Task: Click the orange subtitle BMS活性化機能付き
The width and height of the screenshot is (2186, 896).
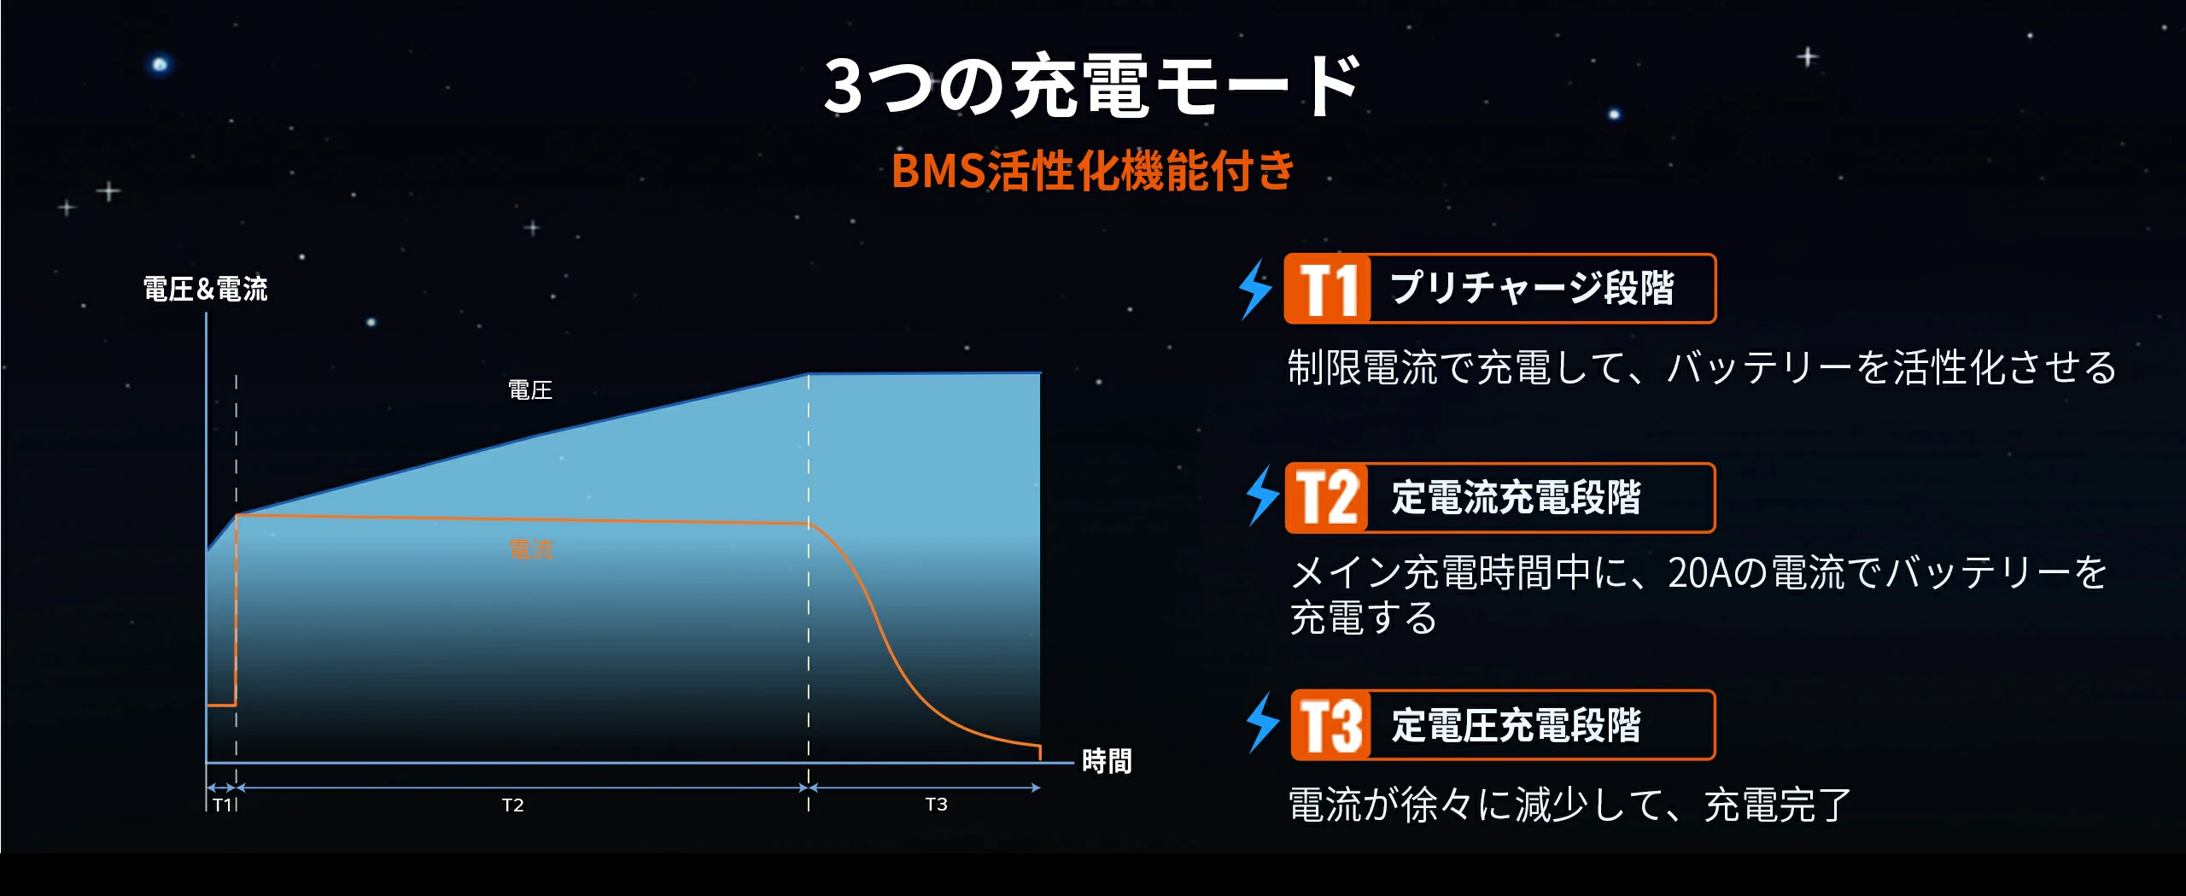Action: [1093, 170]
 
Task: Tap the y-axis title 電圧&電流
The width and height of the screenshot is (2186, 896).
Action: [205, 289]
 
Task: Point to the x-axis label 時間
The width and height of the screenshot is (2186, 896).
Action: [1107, 760]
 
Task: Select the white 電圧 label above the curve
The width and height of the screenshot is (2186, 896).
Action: [530, 390]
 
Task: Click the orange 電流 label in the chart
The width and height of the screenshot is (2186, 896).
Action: [531, 549]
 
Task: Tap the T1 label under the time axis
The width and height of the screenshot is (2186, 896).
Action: [222, 805]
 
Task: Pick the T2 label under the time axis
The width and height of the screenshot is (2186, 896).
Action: [512, 805]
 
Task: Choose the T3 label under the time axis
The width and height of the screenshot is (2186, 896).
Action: [936, 805]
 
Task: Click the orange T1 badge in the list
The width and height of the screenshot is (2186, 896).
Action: [1328, 289]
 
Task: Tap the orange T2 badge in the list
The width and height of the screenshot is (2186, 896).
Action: [1327, 498]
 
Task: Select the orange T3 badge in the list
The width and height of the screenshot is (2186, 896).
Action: [1331, 725]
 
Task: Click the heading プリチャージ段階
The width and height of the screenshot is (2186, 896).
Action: [1532, 288]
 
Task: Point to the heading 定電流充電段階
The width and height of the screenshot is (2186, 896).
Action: [1517, 497]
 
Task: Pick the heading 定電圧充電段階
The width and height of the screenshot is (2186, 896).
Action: [1517, 725]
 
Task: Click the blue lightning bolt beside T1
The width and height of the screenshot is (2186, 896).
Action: [1255, 290]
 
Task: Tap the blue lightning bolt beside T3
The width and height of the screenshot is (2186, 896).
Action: [1263, 723]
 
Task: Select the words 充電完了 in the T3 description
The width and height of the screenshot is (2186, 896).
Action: [1778, 805]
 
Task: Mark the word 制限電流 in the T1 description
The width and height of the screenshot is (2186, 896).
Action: [1363, 367]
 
